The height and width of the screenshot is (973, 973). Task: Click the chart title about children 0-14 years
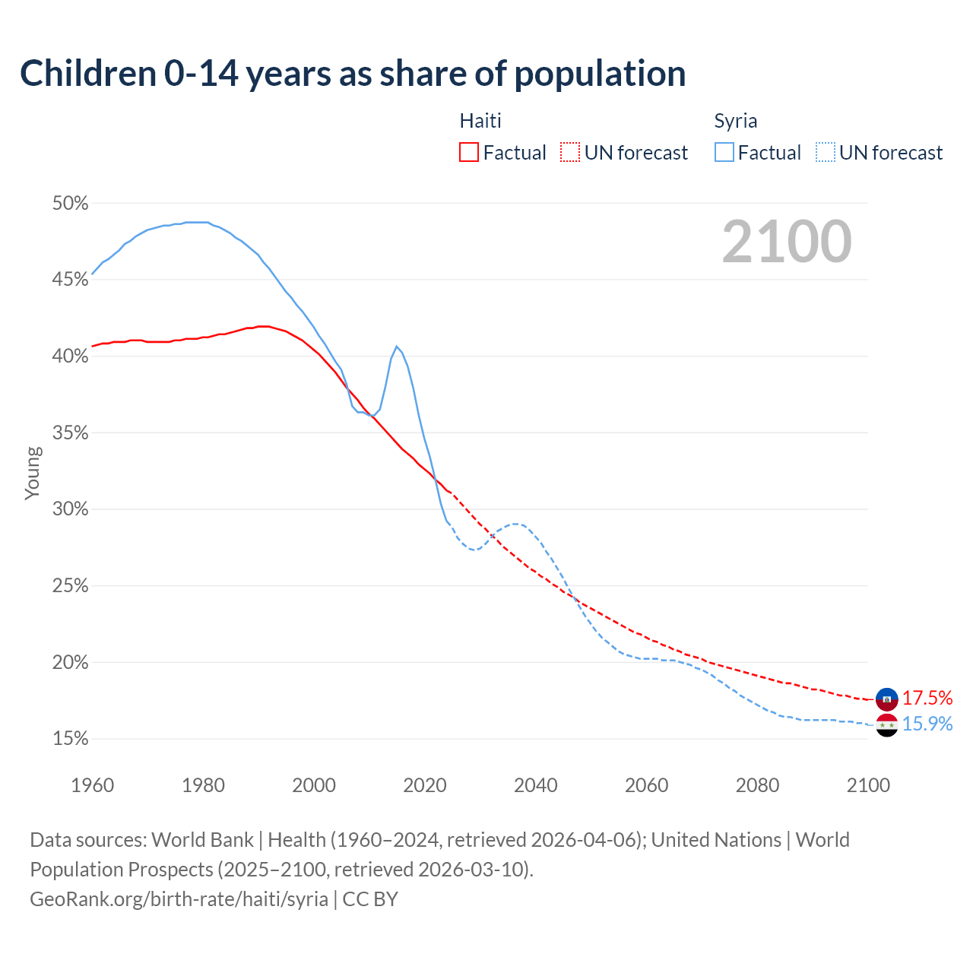353,74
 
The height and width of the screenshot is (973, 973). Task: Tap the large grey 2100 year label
787,242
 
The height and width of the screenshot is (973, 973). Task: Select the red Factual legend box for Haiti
469,153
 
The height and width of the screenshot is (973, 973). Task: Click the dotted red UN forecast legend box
570,153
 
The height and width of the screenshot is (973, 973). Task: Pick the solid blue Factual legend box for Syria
724,153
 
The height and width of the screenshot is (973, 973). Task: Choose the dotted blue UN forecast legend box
826,153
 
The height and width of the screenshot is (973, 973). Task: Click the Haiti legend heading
480,121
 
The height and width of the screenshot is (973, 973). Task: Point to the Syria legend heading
735,121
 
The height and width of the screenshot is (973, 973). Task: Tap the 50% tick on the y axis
70,204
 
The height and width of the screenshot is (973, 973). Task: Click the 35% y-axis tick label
70,433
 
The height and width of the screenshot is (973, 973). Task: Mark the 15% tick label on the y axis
70,739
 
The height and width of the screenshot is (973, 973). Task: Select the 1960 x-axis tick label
92,785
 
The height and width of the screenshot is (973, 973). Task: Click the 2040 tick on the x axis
535,785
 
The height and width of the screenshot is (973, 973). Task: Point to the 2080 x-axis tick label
757,785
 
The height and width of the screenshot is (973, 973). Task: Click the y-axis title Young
33,473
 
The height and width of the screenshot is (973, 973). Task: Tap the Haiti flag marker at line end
887,699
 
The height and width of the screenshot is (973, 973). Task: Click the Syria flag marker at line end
887,725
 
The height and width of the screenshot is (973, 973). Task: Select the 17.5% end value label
927,698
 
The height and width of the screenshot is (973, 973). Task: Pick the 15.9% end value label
927,724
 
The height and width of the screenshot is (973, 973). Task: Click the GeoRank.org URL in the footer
179,899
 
